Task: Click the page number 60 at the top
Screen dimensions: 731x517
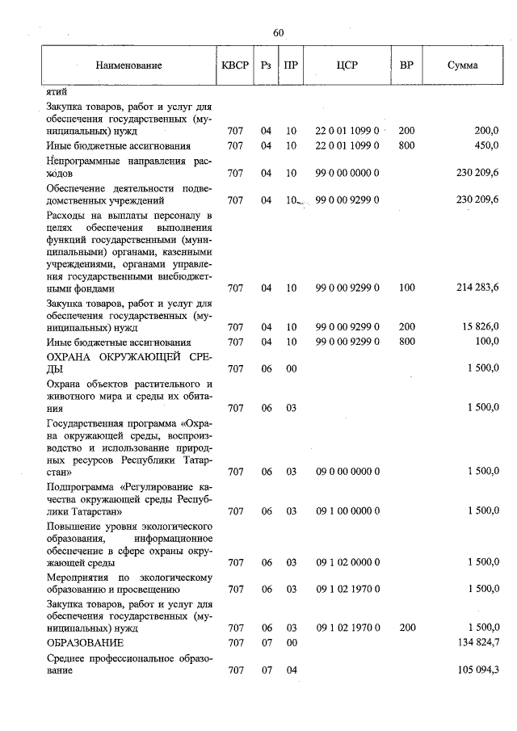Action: click(x=279, y=33)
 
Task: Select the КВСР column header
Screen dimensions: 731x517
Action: click(x=235, y=65)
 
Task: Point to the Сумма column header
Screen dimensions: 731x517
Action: click(x=462, y=65)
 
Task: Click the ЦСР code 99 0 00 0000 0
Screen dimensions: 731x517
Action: click(x=347, y=173)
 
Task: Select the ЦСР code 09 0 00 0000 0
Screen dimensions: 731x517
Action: click(x=347, y=471)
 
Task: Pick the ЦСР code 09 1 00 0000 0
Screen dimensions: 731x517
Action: click(x=347, y=510)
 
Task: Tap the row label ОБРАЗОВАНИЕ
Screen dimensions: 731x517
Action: click(x=85, y=642)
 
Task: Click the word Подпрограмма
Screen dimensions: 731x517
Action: click(x=82, y=498)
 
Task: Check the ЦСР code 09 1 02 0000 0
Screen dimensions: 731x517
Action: click(x=347, y=562)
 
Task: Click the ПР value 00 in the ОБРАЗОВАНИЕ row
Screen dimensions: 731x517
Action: click(x=292, y=642)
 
